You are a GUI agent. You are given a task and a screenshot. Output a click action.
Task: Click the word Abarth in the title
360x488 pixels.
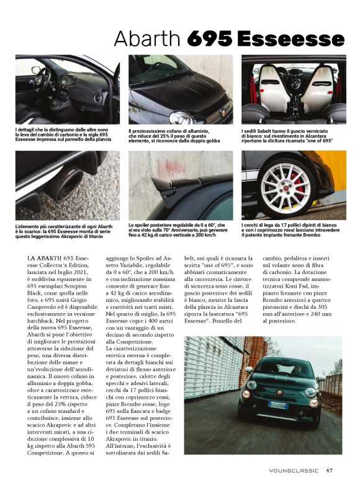click(148, 38)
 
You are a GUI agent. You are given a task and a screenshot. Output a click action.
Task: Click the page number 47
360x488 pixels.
click(330, 470)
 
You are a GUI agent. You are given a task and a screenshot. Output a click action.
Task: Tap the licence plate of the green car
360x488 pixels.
click(277, 405)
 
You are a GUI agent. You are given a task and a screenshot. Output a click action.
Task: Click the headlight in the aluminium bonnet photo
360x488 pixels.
click(180, 117)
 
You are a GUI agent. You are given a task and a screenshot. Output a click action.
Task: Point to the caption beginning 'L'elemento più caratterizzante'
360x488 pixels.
click(65, 232)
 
